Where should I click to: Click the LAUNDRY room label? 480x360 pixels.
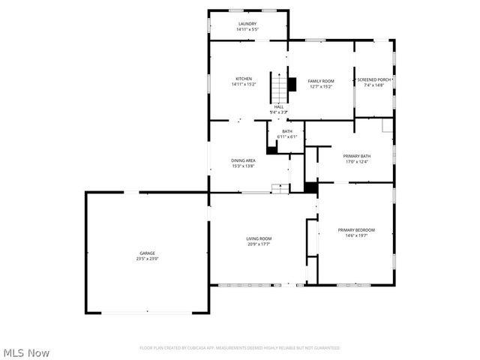247,24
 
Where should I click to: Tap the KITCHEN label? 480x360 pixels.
244,79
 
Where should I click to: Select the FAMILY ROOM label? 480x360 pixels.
321,80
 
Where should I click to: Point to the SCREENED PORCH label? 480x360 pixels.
373,79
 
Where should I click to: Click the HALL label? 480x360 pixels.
278,106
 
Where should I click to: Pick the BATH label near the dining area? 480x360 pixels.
287,131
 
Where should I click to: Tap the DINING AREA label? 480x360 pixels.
244,160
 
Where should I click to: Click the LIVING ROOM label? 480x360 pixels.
258,238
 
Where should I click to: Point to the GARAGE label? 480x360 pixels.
147,253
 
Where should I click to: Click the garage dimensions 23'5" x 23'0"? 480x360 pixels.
147,259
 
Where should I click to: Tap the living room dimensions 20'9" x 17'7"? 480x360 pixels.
258,244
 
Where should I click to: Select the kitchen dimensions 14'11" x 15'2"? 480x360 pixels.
244,85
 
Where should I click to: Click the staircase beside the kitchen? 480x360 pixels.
278,89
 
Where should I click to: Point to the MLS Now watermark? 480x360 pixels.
26,352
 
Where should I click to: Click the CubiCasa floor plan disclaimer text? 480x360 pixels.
240,348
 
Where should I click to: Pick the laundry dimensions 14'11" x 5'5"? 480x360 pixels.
247,30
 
